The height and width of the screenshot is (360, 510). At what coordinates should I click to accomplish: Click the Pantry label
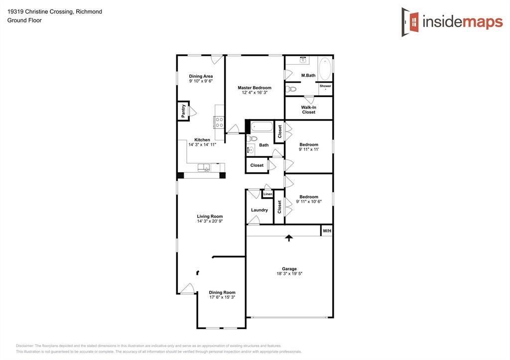[x=183, y=111]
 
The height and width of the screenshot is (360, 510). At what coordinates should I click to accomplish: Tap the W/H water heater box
[x=327, y=231]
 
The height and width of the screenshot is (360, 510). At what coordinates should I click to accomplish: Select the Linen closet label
[x=267, y=194]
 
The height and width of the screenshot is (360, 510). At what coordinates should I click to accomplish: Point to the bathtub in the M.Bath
[x=324, y=69]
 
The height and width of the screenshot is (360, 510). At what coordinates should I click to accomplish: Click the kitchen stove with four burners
[x=219, y=122]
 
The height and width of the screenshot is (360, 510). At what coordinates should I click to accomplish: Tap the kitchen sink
[x=204, y=168]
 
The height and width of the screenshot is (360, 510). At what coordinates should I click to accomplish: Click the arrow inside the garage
[x=289, y=238]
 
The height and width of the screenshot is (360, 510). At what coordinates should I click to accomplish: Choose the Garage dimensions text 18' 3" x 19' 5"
[x=289, y=273]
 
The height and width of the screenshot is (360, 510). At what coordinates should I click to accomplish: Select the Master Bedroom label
[x=255, y=88]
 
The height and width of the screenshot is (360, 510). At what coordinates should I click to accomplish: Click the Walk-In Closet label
[x=309, y=110]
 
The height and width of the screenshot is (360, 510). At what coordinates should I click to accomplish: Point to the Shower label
[x=325, y=86]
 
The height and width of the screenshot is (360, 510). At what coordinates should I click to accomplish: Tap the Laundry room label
[x=259, y=210]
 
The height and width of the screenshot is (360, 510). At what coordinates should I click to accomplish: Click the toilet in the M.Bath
[x=291, y=89]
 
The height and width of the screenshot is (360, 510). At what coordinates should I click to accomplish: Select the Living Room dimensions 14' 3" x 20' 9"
[x=210, y=221]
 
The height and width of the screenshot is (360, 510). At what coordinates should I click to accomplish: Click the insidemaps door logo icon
[x=410, y=22]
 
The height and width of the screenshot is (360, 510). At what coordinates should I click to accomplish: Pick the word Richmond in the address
[x=89, y=12]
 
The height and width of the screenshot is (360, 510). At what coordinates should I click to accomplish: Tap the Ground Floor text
[x=24, y=20]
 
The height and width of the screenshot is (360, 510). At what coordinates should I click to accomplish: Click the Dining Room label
[x=222, y=292]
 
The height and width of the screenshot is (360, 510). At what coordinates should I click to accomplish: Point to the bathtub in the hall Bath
[x=261, y=126]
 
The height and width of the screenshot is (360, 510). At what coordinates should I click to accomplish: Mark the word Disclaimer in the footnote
[x=25, y=346]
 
